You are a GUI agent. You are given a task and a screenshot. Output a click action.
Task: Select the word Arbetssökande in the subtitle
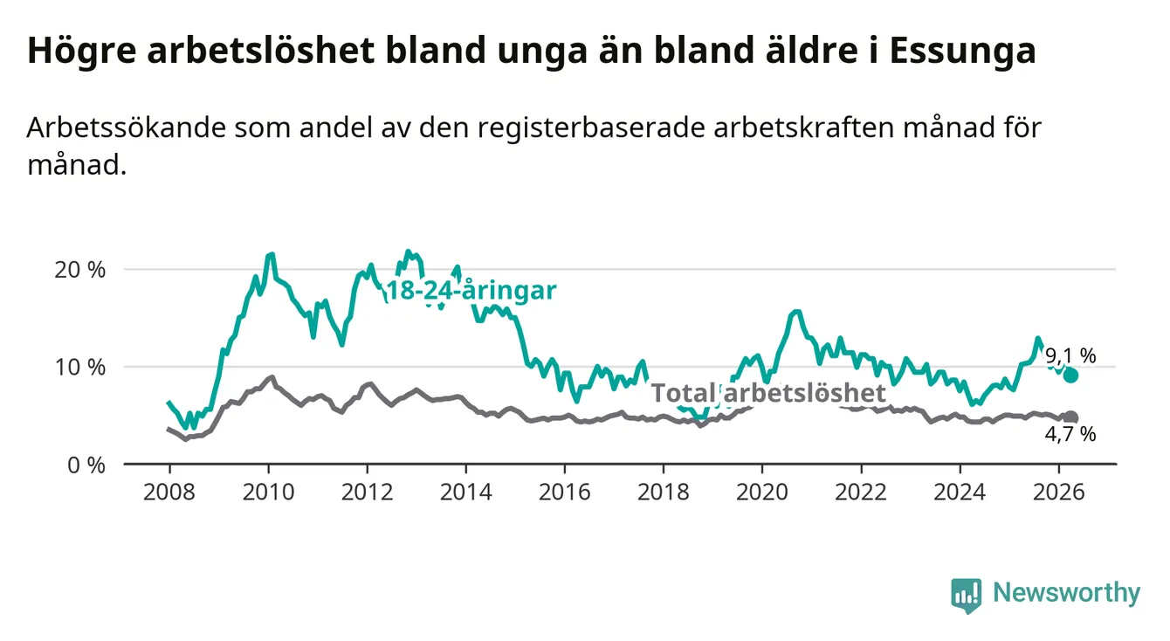pos(127,128)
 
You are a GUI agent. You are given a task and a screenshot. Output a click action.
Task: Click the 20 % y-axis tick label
pos(80,270)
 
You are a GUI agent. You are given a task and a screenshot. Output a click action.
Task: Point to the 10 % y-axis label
pos(80,368)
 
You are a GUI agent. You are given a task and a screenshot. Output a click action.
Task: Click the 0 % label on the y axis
pos(86,465)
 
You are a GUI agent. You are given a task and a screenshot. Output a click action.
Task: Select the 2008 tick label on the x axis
pos(169,493)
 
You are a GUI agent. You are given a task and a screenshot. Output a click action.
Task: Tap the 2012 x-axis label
pos(368,493)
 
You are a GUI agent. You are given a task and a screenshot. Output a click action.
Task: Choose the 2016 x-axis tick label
pos(565,493)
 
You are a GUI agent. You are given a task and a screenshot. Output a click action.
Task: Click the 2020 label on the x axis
pos(762,493)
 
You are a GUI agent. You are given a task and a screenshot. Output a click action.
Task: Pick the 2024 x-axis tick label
pos(960,493)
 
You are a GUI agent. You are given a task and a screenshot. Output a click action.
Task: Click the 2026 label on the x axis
pos(1059,493)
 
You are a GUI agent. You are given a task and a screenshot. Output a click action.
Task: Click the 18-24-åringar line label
pos(471,291)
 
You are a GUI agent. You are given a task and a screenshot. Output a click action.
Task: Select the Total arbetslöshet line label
pos(769,393)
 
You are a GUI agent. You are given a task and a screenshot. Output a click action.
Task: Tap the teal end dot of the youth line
pos(1070,376)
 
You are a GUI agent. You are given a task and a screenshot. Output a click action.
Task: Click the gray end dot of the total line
pos(1070,417)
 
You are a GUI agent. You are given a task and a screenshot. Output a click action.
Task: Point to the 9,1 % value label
pos(1070,356)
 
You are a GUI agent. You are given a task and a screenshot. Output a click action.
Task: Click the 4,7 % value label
pos(1070,435)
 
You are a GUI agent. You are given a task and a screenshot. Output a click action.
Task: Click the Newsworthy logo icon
pos(967,596)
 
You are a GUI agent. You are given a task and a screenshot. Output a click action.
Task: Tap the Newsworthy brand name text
pos(1067,593)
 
